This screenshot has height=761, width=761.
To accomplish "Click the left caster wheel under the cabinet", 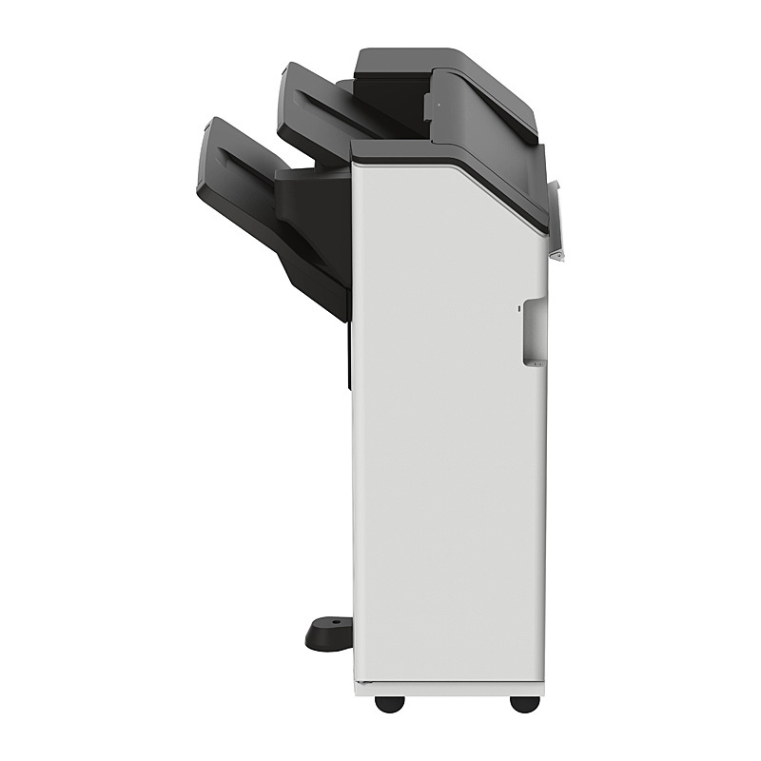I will click(386, 704).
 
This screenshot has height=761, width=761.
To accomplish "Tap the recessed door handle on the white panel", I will click(535, 331).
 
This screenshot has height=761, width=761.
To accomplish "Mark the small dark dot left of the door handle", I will click(518, 307).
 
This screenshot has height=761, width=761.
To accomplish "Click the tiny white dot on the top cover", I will click(439, 91).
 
